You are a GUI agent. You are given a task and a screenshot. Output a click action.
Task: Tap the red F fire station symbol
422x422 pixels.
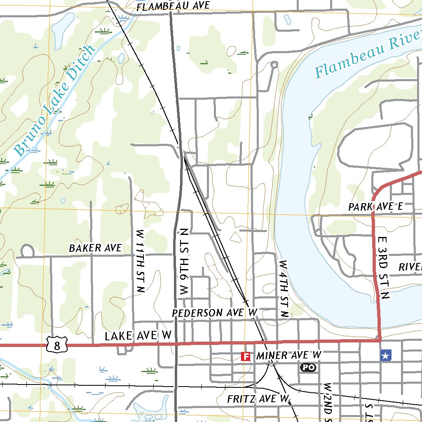(246, 356)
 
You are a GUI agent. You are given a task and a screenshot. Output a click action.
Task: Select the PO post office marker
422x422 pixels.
(308, 367)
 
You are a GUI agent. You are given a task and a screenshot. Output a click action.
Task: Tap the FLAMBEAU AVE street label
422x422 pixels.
(173, 6)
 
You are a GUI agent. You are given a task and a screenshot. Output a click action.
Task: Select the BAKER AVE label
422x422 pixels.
(95, 248)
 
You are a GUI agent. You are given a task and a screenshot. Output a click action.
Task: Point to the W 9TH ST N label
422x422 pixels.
(184, 261)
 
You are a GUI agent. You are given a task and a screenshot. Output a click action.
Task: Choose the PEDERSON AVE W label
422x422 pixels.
(215, 313)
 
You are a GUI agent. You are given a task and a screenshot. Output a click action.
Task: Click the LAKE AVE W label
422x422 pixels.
(138, 336)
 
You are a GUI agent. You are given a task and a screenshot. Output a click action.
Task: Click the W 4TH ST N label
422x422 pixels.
(284, 288)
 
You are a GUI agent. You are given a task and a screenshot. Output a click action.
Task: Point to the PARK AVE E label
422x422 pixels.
(375, 206)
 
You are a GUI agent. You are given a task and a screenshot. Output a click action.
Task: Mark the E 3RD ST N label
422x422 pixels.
(383, 262)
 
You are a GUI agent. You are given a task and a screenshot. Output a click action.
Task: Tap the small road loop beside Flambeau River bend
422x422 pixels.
(274, 65)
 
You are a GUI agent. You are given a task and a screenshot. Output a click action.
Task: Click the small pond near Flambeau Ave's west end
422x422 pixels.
(61, 28)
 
